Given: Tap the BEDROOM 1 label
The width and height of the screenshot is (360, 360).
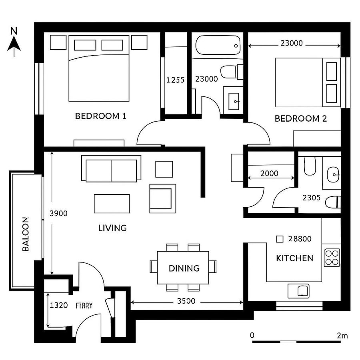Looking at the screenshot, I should (101, 116).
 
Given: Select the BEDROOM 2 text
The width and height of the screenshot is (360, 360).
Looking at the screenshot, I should (300, 119).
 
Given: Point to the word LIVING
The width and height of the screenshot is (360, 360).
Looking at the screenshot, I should (112, 228).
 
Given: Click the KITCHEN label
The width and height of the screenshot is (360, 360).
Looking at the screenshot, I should (295, 258).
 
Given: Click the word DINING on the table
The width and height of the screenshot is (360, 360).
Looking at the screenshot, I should (184, 268).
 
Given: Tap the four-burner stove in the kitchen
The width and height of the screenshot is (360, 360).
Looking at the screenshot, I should (332, 258).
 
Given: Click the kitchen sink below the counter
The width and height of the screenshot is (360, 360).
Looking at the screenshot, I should (298, 291).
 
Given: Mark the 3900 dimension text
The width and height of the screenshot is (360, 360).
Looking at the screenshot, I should (58, 214).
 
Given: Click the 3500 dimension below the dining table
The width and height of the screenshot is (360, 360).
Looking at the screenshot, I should (186, 301).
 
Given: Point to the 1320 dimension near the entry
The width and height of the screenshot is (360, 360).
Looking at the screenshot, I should (58, 306).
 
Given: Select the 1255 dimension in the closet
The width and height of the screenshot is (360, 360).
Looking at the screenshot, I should (175, 80).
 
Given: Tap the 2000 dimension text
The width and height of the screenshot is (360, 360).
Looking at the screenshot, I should (269, 174).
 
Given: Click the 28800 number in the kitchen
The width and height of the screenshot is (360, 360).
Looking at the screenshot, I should (300, 239).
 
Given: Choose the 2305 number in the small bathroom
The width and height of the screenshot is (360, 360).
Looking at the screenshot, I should (311, 198).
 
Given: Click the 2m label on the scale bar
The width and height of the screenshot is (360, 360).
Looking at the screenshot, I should (342, 336).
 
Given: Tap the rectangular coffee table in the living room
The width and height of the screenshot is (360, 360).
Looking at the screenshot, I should (112, 203).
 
